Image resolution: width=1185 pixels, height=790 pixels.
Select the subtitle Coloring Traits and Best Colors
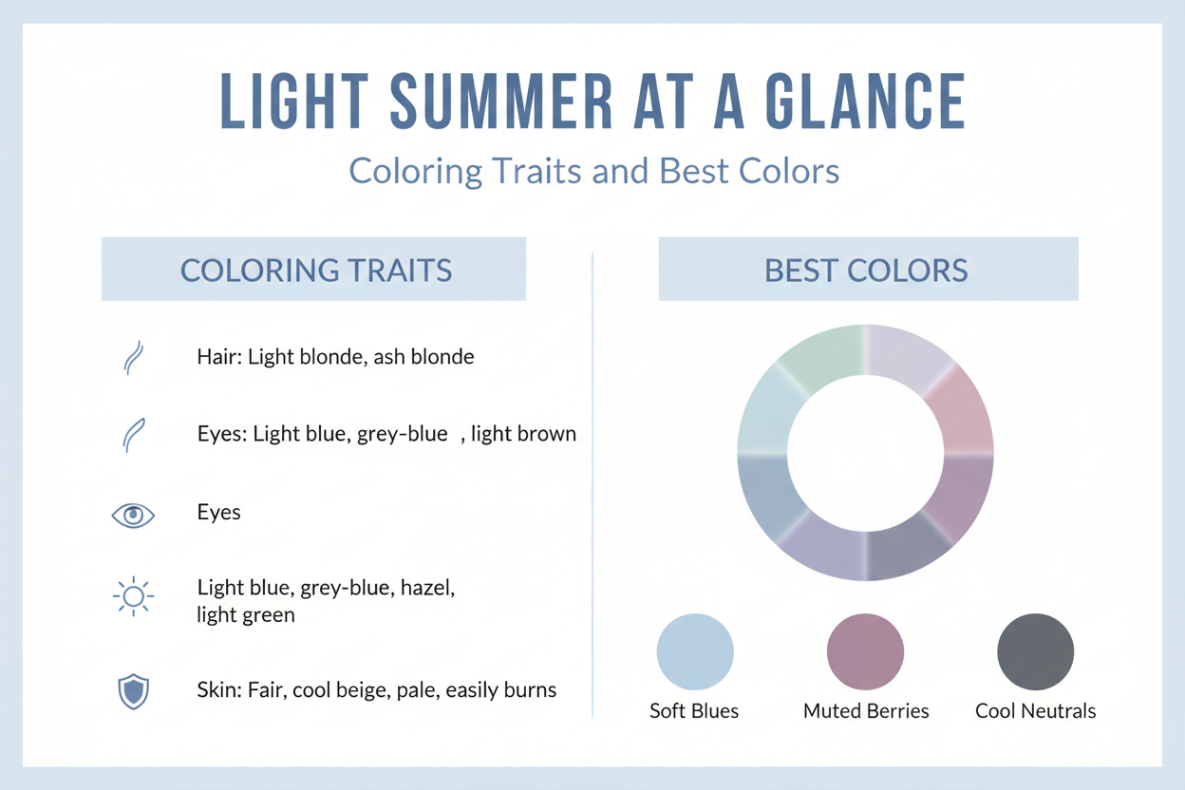tap(593, 171)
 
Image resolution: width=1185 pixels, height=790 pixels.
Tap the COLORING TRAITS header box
tap(313, 270)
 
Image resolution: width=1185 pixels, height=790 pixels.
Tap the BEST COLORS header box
tap(867, 270)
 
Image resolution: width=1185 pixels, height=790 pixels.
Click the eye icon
tap(133, 515)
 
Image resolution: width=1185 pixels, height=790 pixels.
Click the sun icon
tap(133, 596)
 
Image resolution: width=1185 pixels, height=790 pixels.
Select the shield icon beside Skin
tap(133, 691)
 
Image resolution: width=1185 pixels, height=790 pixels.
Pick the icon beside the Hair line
tap(133, 357)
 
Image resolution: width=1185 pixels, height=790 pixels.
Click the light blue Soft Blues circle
tap(695, 652)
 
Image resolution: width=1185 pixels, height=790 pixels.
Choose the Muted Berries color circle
tap(865, 652)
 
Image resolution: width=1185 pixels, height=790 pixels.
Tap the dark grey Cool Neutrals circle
tap(1035, 652)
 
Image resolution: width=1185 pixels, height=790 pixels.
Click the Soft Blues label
tap(694, 711)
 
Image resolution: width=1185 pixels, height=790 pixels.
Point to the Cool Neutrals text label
tap(1035, 711)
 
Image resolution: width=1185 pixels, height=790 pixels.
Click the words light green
tap(246, 615)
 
